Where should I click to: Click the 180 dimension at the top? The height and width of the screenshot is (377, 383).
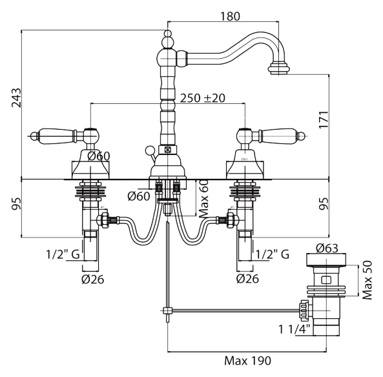230,16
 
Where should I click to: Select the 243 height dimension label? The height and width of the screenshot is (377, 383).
17,97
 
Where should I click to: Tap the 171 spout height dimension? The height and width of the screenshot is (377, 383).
323,119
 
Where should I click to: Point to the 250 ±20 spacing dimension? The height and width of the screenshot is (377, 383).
203,98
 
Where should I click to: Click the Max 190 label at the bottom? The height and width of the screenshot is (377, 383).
247,360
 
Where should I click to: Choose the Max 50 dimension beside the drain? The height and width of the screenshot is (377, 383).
367,280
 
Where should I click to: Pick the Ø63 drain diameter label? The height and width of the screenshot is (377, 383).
327,249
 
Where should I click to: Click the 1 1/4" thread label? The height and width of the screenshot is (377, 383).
294,329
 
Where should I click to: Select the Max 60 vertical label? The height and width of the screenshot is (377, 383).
203,199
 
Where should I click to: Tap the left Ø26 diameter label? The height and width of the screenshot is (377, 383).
93,279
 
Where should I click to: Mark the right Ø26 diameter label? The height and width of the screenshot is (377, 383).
247,278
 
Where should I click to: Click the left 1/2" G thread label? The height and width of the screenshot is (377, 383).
63,254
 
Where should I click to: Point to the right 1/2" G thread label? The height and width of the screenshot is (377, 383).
273,254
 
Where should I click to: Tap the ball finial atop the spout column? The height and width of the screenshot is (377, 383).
167,33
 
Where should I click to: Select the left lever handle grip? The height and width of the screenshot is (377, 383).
56,134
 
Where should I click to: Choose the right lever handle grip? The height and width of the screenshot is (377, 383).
280,134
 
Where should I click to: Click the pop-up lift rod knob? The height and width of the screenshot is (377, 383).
149,150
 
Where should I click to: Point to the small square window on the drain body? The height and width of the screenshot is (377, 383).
326,280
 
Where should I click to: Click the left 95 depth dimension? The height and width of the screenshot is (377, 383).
17,204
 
